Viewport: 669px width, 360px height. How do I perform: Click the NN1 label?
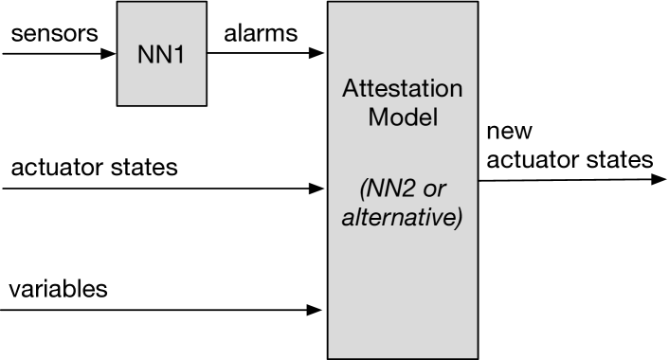pos(161,53)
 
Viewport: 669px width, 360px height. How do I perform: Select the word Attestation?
pos(403,90)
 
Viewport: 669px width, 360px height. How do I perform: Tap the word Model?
pos(403,118)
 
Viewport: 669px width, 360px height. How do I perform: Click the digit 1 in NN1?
pos(178,53)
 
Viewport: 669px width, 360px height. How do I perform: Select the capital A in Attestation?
pos(350,90)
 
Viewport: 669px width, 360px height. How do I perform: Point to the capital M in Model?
pos(377,118)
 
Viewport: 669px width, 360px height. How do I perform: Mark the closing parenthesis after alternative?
pos(459,218)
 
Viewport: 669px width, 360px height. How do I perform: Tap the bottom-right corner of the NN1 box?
pos(206,104)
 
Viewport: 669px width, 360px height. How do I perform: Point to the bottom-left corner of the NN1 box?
pos(118,104)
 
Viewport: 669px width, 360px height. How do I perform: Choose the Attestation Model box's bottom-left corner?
pos(329,357)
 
